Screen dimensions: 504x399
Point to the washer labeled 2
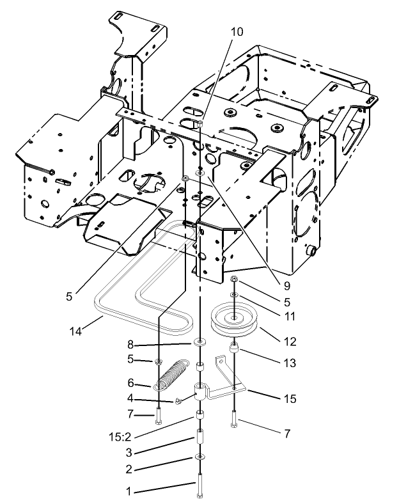pos(200,456)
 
